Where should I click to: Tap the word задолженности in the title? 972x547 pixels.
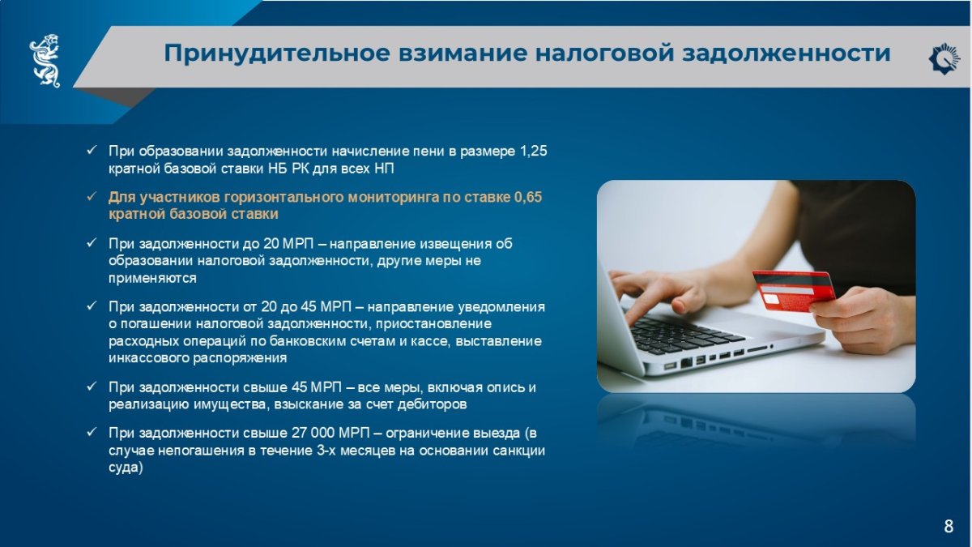click(x=787, y=53)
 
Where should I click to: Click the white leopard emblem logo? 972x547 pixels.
click(x=45, y=61)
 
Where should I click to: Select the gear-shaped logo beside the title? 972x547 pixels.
click(x=944, y=58)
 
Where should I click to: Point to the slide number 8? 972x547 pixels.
click(x=949, y=526)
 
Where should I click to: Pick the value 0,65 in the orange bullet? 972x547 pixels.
click(x=528, y=197)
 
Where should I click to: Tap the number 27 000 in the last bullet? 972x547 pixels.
click(x=313, y=434)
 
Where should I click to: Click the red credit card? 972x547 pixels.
click(x=794, y=290)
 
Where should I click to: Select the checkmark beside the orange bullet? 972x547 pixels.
click(x=91, y=197)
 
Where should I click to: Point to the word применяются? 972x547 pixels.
click(x=152, y=278)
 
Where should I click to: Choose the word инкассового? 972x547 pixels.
click(x=148, y=358)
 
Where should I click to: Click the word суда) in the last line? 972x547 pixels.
click(x=126, y=468)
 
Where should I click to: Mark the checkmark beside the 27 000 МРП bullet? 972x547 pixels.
click(x=91, y=433)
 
